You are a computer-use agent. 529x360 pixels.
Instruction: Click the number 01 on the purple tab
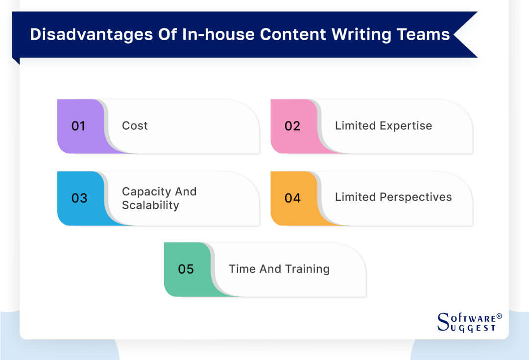(78, 126)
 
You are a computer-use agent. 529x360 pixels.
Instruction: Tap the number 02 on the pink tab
(292, 126)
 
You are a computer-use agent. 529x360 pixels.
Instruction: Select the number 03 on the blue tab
(79, 198)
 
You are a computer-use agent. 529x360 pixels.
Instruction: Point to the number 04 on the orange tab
(292, 198)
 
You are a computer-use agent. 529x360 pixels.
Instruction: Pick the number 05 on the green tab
(186, 269)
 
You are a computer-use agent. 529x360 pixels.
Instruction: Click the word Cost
(135, 126)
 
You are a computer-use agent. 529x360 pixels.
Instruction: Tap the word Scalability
(150, 205)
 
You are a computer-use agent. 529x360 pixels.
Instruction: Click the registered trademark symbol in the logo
(499, 316)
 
